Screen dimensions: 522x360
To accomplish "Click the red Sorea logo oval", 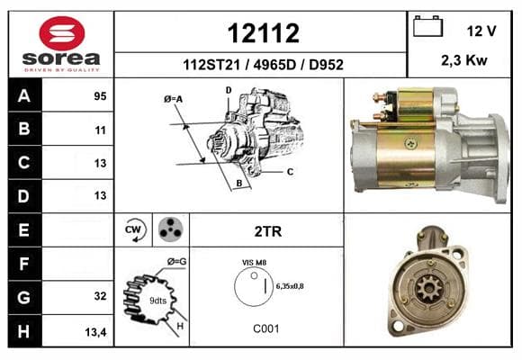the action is click(62, 33).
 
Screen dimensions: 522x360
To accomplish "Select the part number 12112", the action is click(264, 33).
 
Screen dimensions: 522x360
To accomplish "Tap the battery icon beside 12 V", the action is click(427, 26).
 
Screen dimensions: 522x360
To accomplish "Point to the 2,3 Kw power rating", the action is click(464, 60).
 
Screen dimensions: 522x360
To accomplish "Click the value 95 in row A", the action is click(100, 96).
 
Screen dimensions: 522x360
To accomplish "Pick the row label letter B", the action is click(24, 129).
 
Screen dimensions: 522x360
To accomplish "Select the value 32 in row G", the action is click(100, 296).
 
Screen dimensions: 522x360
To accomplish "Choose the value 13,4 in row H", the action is click(96, 332).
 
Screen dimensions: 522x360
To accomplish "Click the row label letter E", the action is click(23, 229).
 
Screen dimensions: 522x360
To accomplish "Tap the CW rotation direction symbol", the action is click(134, 229).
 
